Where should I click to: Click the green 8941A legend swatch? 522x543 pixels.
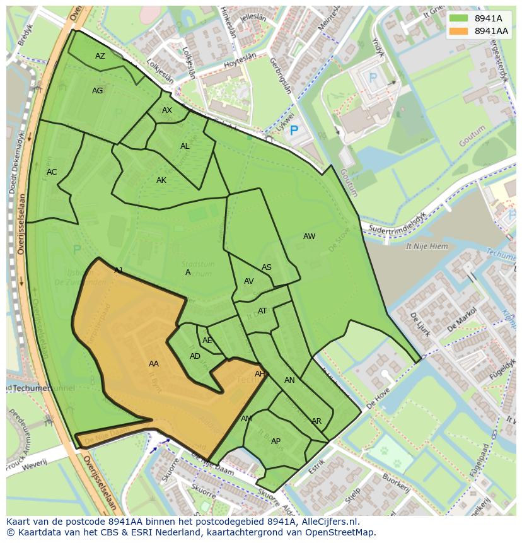(459, 18)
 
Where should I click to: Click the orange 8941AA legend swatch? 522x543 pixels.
(459, 31)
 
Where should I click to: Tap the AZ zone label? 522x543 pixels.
(100, 56)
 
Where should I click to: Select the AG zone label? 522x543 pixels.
(97, 91)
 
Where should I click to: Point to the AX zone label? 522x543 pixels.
(167, 110)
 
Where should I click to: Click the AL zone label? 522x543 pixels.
(185, 146)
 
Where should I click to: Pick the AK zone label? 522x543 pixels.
(161, 180)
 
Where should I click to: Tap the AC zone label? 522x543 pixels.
(52, 172)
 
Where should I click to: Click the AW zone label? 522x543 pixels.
(309, 236)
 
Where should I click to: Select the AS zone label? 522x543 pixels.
(267, 267)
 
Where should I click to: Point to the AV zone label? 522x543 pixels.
(248, 281)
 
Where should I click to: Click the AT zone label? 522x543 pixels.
(262, 311)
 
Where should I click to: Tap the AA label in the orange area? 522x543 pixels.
(154, 364)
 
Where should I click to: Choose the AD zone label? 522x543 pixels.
(195, 356)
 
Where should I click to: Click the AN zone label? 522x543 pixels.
(289, 380)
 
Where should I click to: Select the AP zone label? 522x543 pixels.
(275, 441)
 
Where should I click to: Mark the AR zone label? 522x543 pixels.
(316, 421)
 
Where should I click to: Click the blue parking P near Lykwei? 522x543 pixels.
(293, 131)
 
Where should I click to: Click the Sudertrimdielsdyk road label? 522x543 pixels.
(398, 222)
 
